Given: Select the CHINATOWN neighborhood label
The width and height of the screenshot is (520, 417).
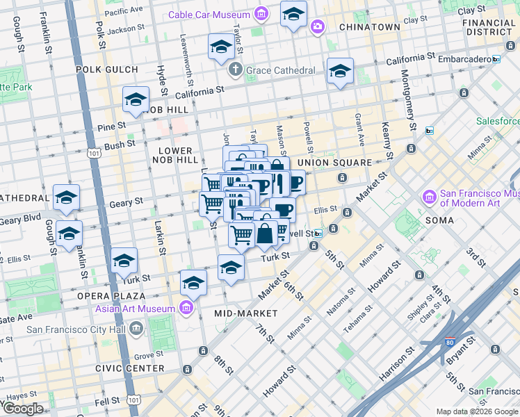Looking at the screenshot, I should pyautogui.click(x=369, y=27).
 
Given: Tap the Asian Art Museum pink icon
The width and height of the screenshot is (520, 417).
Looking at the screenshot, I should pyautogui.click(x=186, y=309).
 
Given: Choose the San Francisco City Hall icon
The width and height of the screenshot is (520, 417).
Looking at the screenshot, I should pyautogui.click(x=136, y=327).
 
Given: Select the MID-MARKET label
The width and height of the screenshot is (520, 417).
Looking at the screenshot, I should pyautogui.click(x=246, y=313).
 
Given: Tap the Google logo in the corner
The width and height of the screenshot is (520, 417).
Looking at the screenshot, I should pyautogui.click(x=22, y=409).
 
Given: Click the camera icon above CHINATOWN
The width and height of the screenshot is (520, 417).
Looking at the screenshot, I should pyautogui.click(x=318, y=26).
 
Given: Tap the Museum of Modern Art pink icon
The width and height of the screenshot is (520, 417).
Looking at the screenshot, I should pyautogui.click(x=429, y=199).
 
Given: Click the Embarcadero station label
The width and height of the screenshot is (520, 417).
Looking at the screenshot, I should pyautogui.click(x=460, y=59).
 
